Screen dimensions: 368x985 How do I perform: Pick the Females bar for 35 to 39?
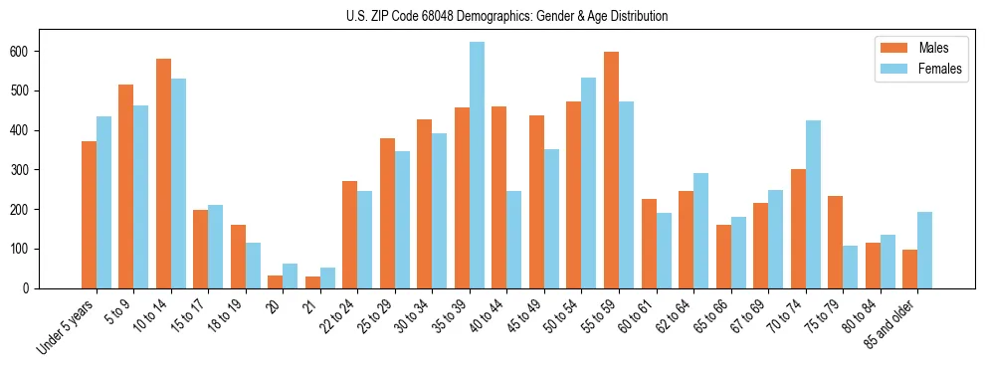[x=478, y=165]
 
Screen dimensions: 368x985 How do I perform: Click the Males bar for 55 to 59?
[x=611, y=170]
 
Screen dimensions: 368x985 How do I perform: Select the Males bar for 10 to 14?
[x=163, y=174]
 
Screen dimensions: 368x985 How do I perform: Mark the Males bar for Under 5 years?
[x=89, y=215]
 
